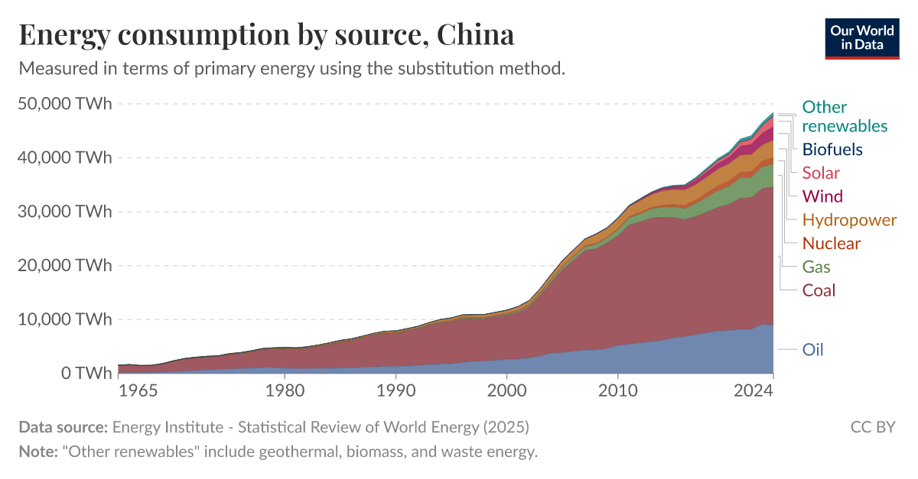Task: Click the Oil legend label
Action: pos(812,350)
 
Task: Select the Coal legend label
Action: pos(819,290)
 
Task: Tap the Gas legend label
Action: pos(816,267)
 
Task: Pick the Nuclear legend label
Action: pos(831,244)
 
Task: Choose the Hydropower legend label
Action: pos(849,220)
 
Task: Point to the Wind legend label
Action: pos(822,196)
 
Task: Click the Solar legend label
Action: pos(821,173)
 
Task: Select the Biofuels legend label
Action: pos(832,149)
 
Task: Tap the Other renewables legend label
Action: pos(845,116)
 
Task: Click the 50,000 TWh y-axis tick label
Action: pos(64,103)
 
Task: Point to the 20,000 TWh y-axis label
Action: pos(64,266)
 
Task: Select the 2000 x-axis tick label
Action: pos(506,391)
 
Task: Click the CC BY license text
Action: pos(872,426)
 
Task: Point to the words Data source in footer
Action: pos(63,426)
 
